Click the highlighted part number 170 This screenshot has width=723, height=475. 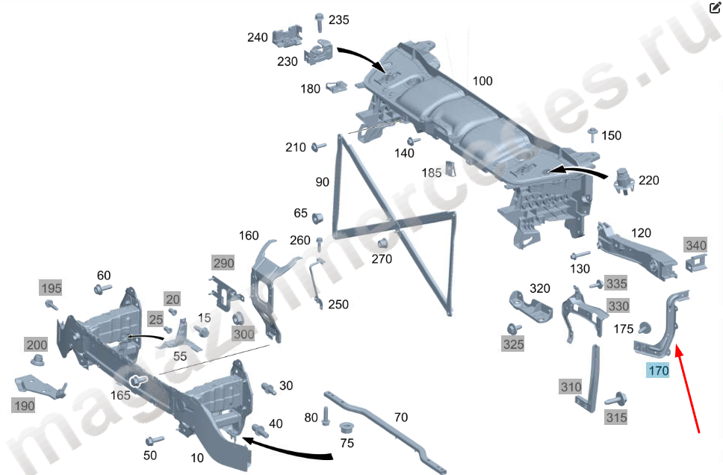point(658,370)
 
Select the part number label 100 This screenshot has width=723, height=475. point(482,81)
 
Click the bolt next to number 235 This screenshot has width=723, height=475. point(319,22)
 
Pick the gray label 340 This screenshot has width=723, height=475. point(695,246)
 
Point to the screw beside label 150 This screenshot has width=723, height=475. point(592,135)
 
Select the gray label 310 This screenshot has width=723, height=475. point(571,387)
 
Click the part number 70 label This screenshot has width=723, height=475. point(400,417)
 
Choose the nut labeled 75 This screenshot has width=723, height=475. point(347,429)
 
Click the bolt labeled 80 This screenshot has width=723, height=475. point(326,417)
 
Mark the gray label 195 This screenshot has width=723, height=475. point(51,288)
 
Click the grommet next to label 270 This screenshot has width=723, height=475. point(382,243)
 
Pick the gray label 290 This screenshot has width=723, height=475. point(223,263)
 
